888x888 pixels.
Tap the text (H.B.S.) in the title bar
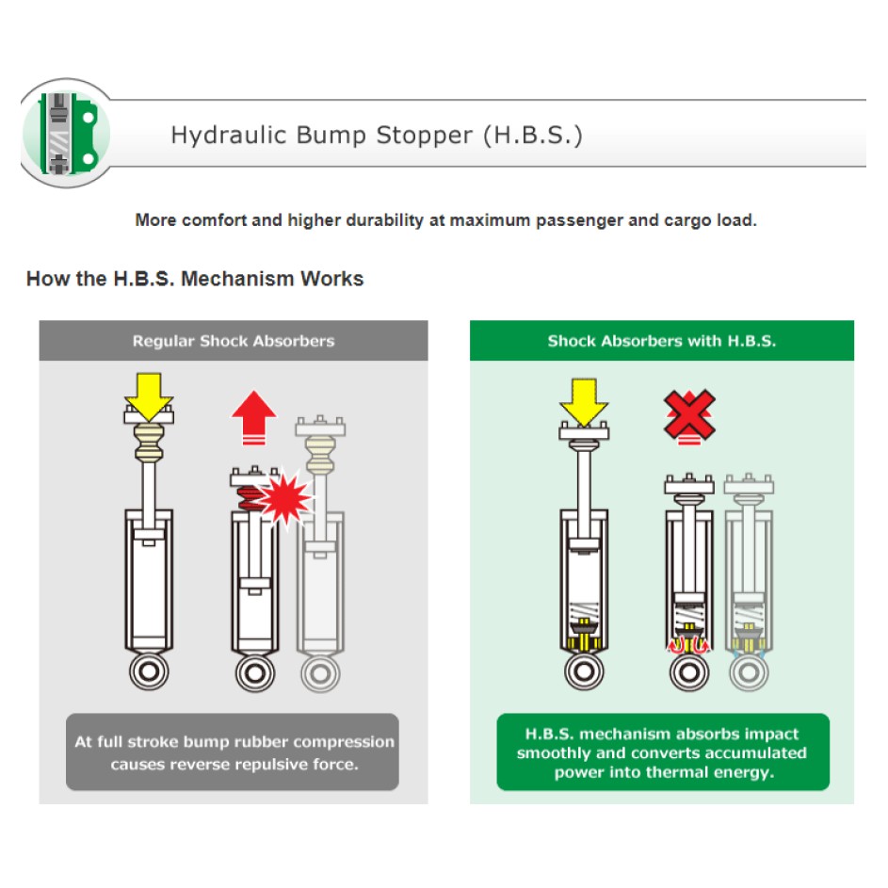[532, 136]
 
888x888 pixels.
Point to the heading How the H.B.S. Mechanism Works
[195, 279]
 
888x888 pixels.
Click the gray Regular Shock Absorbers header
[233, 341]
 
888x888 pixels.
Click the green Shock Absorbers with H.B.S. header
[661, 341]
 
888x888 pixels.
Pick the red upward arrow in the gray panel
[253, 416]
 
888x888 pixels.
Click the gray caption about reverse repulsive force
[233, 752]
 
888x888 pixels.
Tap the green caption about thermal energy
[662, 752]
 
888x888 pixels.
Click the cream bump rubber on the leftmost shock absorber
[148, 442]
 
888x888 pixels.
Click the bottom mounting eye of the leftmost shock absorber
[149, 672]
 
